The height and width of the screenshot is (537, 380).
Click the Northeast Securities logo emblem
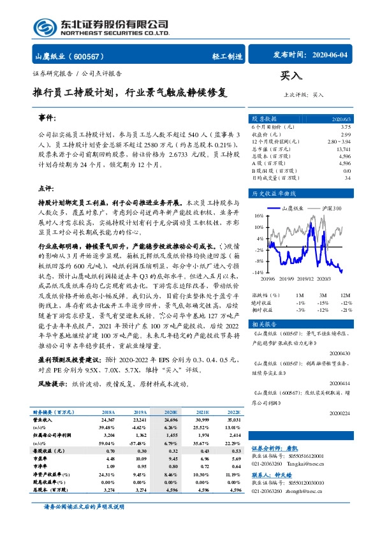coord(45,27)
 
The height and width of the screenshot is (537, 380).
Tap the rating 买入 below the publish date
coord(290,76)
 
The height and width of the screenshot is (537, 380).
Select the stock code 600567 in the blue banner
coord(91,55)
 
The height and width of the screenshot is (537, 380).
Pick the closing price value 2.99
coord(346,135)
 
